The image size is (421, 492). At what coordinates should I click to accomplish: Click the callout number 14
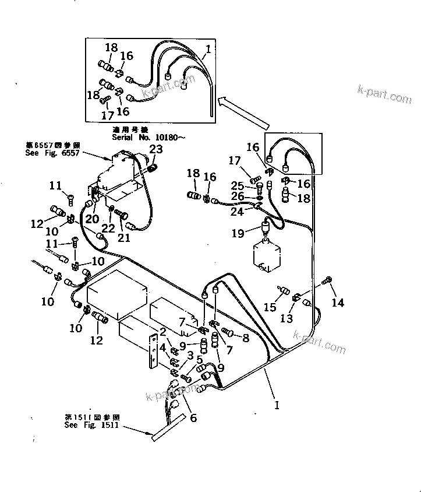click(338, 302)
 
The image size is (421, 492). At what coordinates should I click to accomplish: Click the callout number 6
click(193, 417)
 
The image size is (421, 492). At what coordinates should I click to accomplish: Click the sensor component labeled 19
click(267, 228)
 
